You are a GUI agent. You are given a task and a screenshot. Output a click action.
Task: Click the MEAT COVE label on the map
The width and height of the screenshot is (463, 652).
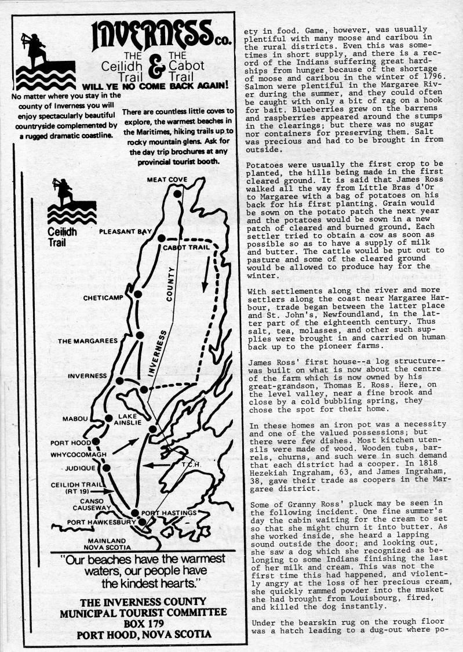point(167,180)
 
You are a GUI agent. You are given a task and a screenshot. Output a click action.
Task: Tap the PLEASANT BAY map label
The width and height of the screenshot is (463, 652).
point(125,231)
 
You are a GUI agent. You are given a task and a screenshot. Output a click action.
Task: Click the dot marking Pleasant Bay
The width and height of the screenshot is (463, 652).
point(161,238)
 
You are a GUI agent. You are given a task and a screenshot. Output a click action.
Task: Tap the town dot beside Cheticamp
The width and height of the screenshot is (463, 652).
point(138,295)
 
